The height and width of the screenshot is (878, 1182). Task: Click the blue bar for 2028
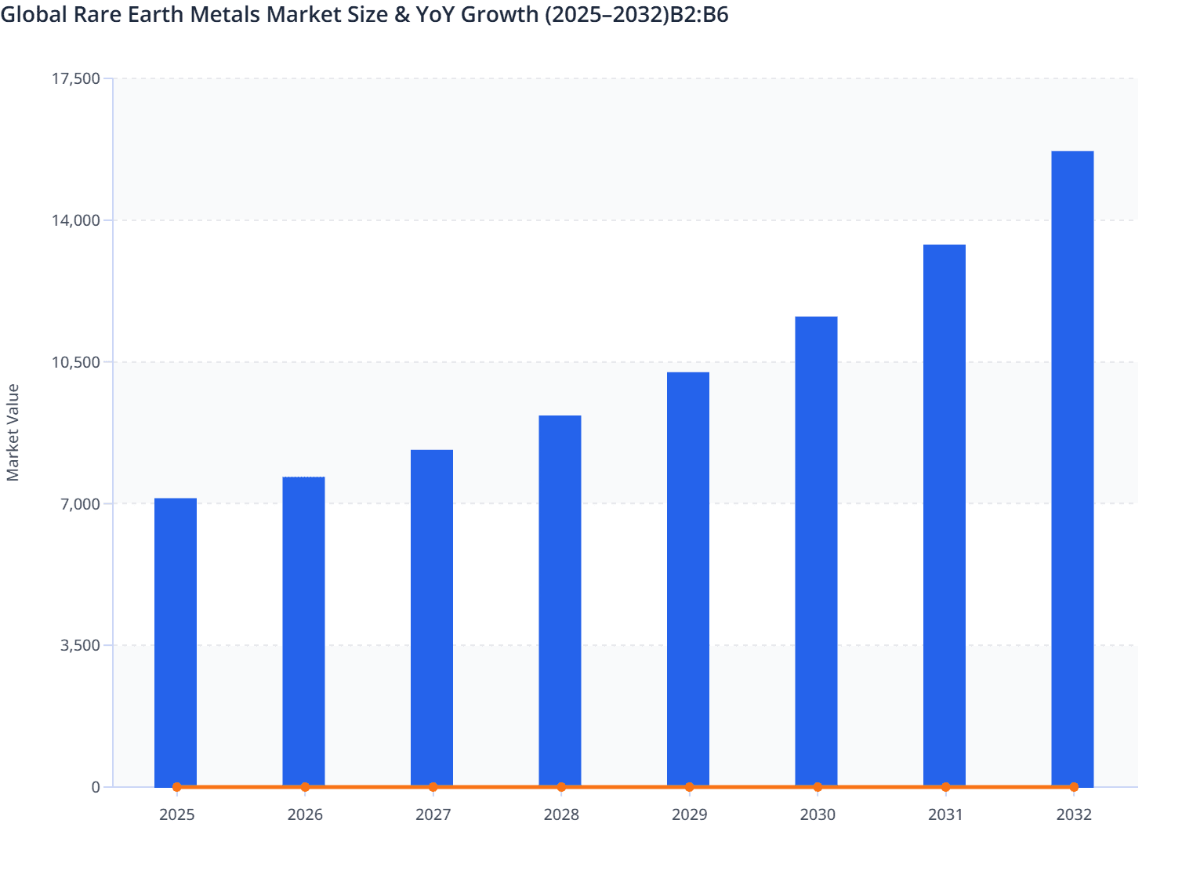(560, 600)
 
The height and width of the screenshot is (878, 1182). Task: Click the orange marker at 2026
(305, 787)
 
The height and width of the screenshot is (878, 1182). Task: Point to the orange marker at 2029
(689, 787)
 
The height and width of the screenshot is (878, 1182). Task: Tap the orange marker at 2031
(945, 787)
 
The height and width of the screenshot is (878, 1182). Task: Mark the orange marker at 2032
(1074, 787)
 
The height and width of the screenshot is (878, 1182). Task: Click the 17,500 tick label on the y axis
(75, 78)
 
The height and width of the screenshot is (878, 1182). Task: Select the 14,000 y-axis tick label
(75, 220)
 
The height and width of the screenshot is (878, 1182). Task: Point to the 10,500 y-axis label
(75, 362)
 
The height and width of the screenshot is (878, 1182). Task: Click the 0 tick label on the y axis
(96, 787)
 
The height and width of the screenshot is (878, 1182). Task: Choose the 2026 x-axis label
(305, 815)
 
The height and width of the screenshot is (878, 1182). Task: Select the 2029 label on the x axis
(689, 815)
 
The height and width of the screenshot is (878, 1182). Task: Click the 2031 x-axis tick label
(945, 815)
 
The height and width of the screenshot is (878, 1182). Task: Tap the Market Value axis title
(13, 433)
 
